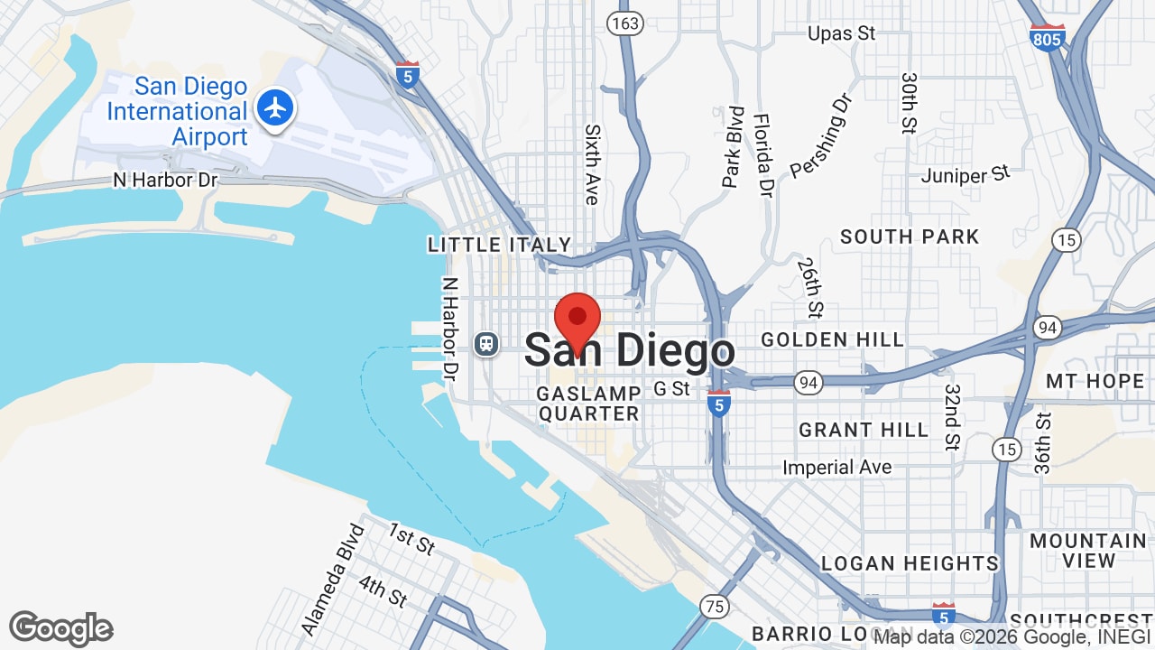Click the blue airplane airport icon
[x=275, y=108]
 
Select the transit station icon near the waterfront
[x=486, y=344]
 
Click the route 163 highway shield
[x=624, y=23]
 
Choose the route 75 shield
[x=715, y=606]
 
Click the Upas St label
[x=841, y=33]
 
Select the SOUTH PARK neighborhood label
[x=910, y=237]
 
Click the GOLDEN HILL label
[x=832, y=339]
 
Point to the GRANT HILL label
[x=864, y=430]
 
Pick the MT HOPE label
[x=1095, y=381]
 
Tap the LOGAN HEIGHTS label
[x=910, y=563]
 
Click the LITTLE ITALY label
[x=500, y=245]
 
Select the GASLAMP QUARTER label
[x=588, y=404]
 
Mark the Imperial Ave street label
[x=837, y=468]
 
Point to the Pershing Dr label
[x=821, y=135]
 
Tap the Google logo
[x=61, y=628]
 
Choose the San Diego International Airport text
[x=177, y=112]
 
